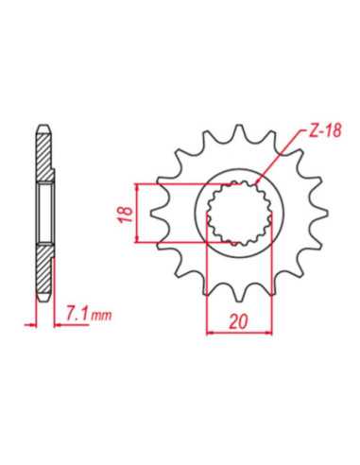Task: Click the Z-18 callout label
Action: point(325,130)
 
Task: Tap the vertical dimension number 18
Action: point(126,215)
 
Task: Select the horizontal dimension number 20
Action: point(238,321)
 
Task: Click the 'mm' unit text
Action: point(101,316)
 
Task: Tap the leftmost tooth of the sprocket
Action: point(159,214)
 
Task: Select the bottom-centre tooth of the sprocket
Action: point(239,293)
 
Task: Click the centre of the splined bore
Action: point(239,214)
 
